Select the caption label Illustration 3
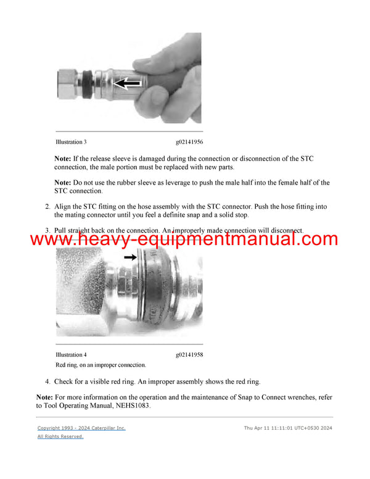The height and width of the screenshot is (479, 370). [x=71, y=142]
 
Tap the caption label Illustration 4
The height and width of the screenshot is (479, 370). [x=71, y=355]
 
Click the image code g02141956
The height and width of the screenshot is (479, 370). [x=189, y=142]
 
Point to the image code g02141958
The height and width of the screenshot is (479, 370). [x=189, y=355]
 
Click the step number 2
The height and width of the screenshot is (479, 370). [x=47, y=206]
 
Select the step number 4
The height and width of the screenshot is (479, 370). [x=47, y=382]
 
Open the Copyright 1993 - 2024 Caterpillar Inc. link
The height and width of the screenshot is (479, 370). [x=81, y=428]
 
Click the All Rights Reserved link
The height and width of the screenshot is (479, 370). [x=60, y=436]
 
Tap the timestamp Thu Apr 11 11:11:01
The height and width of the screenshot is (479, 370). [x=273, y=428]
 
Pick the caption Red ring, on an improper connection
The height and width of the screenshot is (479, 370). [x=101, y=365]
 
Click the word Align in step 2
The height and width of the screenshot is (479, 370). [x=64, y=206]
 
